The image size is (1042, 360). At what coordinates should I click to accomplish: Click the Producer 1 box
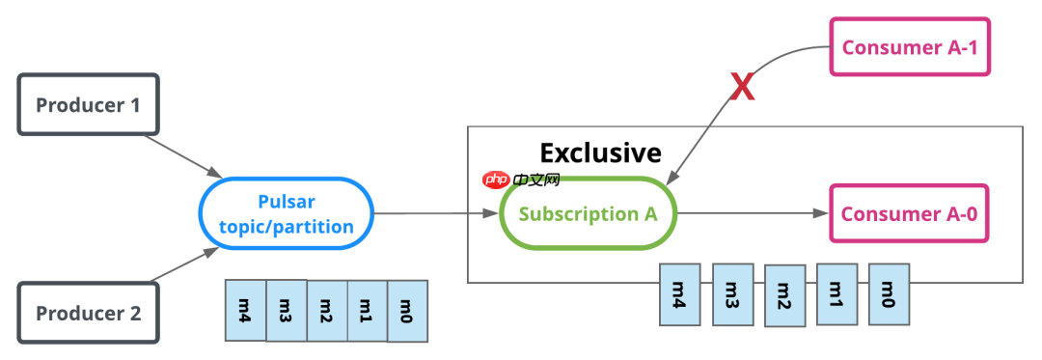pos(88,105)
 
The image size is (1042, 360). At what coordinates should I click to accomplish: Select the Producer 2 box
pos(88,313)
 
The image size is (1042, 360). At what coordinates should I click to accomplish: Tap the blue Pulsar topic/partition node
pos(286,213)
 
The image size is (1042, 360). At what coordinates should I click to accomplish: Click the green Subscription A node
pos(589,213)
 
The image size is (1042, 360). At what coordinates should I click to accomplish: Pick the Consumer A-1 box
pos(910,46)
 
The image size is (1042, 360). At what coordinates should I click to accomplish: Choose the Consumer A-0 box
pos(910,213)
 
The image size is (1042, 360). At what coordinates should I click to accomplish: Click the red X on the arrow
pos(743,87)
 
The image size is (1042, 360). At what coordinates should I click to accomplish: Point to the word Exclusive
pos(600,152)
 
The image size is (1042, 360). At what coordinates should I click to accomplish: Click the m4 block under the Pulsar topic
pos(246,310)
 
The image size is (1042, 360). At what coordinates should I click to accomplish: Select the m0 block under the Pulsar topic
pos(407,311)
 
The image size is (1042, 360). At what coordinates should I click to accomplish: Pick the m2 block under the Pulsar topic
pos(327,310)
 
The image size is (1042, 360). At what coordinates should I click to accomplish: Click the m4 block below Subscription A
pos(680,294)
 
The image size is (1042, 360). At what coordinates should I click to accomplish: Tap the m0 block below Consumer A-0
pos(889,294)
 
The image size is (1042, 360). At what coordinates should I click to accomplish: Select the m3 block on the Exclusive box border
pos(733,294)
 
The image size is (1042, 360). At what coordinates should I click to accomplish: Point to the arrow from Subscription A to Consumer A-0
pos(753,213)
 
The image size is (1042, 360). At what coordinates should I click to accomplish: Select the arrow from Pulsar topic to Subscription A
pos(436,213)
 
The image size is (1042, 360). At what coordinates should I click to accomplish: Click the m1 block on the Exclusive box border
pos(836,294)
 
